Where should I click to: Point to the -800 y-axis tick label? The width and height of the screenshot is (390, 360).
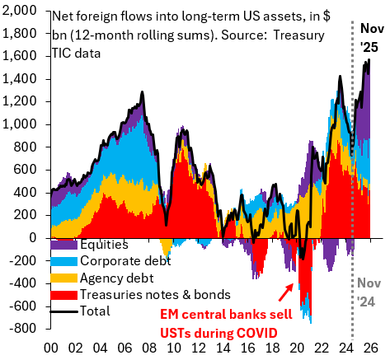point(23,328)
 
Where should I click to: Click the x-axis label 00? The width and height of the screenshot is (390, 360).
point(49,348)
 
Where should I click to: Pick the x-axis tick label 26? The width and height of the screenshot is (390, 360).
point(371,348)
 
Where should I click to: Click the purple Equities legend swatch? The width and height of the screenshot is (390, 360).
point(64,245)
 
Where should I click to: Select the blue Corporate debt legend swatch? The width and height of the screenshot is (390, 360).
point(64,261)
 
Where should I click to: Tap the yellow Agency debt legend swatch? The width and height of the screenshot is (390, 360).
point(64,278)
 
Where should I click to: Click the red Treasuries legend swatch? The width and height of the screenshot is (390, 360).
point(64,295)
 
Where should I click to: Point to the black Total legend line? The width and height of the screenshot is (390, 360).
point(64,311)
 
